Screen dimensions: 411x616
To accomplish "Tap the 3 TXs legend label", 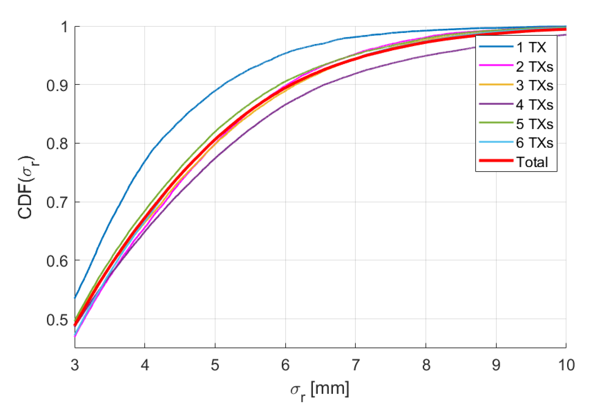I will click(534, 85).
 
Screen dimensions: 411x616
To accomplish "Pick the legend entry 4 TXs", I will click(534, 105).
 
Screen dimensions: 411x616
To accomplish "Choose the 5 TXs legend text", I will click(534, 124).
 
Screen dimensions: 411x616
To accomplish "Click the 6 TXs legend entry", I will click(534, 143).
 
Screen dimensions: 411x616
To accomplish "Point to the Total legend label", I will click(532, 162).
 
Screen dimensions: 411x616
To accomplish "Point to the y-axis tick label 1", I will click(64, 27).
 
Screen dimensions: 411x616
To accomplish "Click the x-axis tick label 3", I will click(75, 365).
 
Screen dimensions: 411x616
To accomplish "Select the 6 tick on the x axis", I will click(285, 365).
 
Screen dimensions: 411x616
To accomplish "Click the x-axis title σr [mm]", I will click(320, 390).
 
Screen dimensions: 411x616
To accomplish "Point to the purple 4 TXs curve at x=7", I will click(356, 73).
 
